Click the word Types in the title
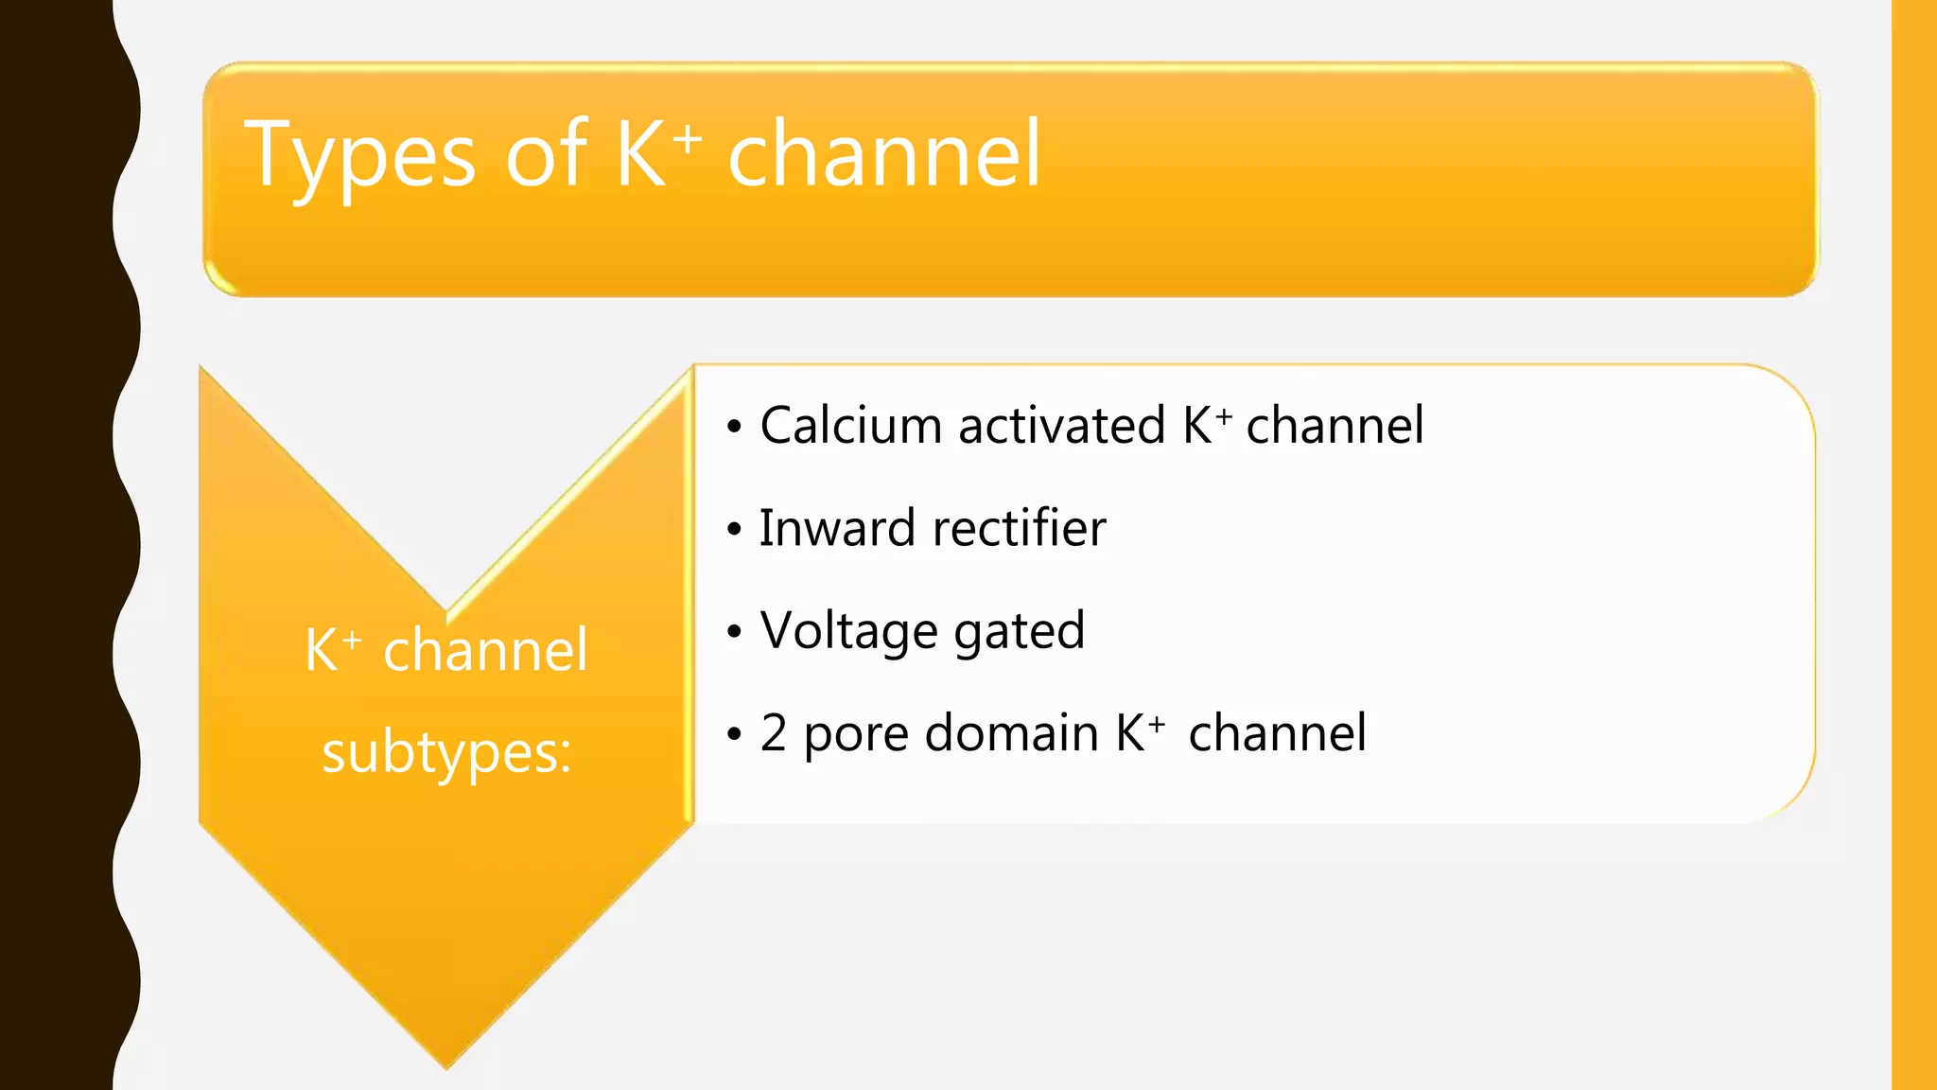tap(359, 156)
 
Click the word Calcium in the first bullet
tap(851, 426)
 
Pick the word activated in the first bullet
tap(1061, 426)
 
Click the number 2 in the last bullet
tap(774, 733)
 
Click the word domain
tap(1011, 733)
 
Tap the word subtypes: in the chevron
tap(446, 754)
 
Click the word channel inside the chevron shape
tap(485, 651)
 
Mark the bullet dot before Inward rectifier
tap(734, 530)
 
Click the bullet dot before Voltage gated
tap(734, 632)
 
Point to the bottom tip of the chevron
tap(446, 1065)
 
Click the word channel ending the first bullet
tap(1335, 426)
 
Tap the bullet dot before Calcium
tap(734, 427)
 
